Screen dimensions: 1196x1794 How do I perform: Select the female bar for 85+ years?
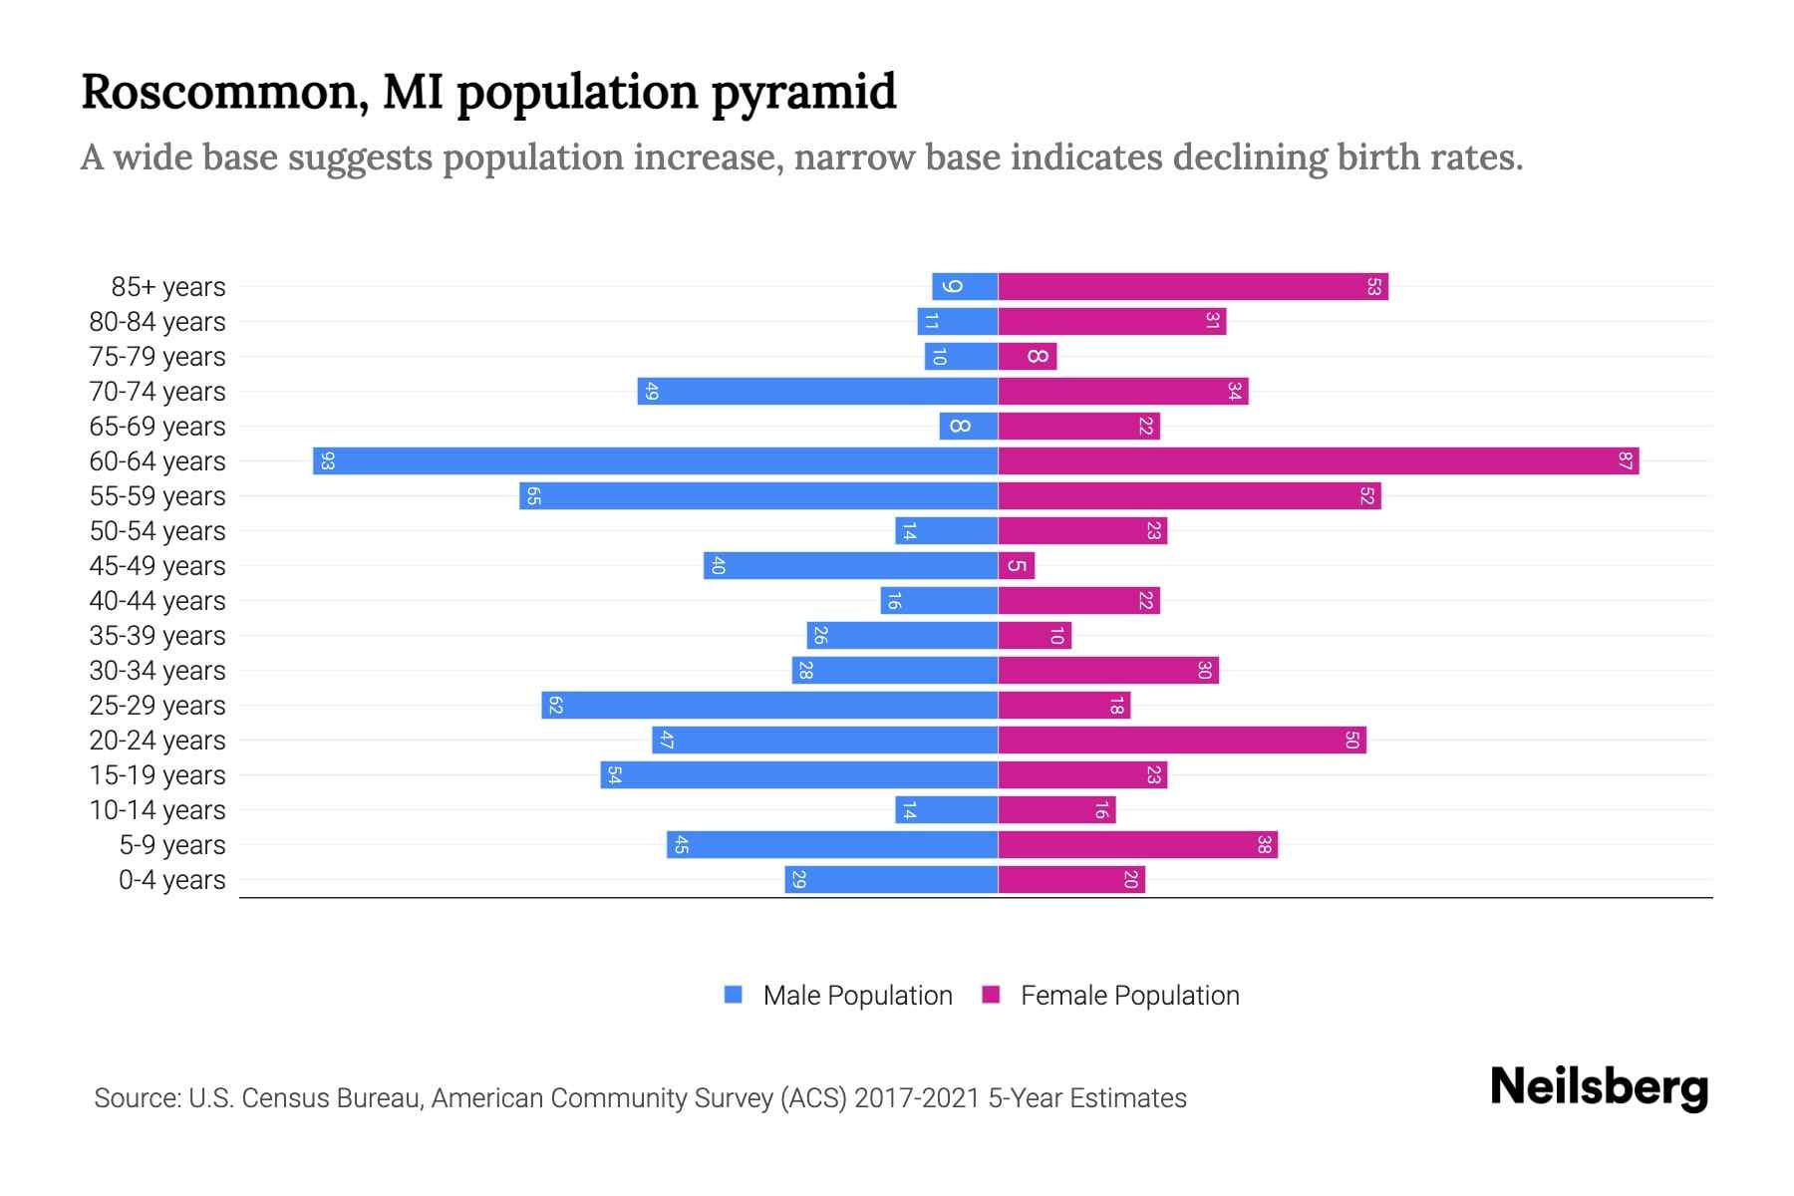point(1193,287)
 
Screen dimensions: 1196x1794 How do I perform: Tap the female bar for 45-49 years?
point(1017,566)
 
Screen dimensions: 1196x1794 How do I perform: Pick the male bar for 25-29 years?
point(769,706)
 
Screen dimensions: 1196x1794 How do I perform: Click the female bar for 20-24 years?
point(1182,741)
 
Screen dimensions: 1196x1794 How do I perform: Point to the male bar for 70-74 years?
point(817,392)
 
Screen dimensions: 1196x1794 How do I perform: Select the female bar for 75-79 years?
point(1028,357)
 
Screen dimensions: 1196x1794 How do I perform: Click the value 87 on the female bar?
point(1625,461)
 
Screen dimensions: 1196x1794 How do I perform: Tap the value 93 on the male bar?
point(328,461)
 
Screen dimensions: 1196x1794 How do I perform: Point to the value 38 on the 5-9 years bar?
point(1264,845)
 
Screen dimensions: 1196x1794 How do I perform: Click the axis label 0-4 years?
point(171,880)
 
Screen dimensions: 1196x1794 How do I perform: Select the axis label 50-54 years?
point(157,531)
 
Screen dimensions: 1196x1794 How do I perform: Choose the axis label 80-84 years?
point(157,322)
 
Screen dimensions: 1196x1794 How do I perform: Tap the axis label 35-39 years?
point(157,636)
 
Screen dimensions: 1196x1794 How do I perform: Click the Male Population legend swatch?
point(734,995)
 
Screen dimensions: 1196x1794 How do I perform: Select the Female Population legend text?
point(1129,996)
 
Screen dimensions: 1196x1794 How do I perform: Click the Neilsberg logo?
point(1599,1087)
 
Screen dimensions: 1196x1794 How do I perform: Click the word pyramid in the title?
point(803,92)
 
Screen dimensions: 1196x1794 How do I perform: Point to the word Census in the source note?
point(284,1098)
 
